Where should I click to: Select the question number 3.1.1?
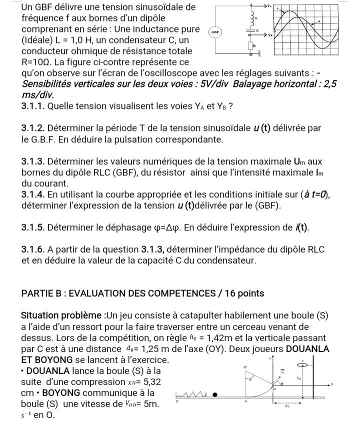tap(33, 106)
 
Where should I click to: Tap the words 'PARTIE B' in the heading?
tap(42, 293)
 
